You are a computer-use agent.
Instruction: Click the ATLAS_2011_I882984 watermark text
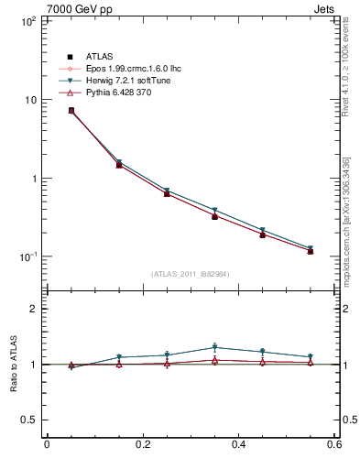pyautogui.click(x=191, y=274)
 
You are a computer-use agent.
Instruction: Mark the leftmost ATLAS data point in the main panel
pyautogui.click(x=71, y=110)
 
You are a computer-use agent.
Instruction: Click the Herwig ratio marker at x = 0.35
pyautogui.click(x=214, y=347)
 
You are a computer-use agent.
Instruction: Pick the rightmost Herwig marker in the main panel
pyautogui.click(x=311, y=248)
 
